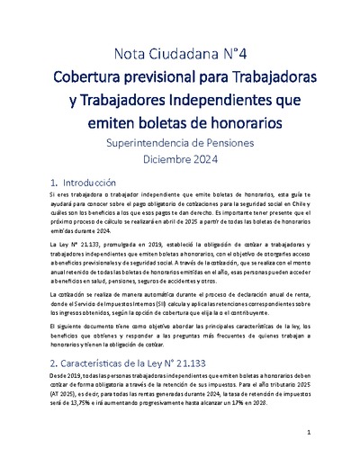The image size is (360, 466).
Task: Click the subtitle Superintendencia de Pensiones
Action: click(180, 142)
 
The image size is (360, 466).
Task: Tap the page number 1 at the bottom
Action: click(308, 433)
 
